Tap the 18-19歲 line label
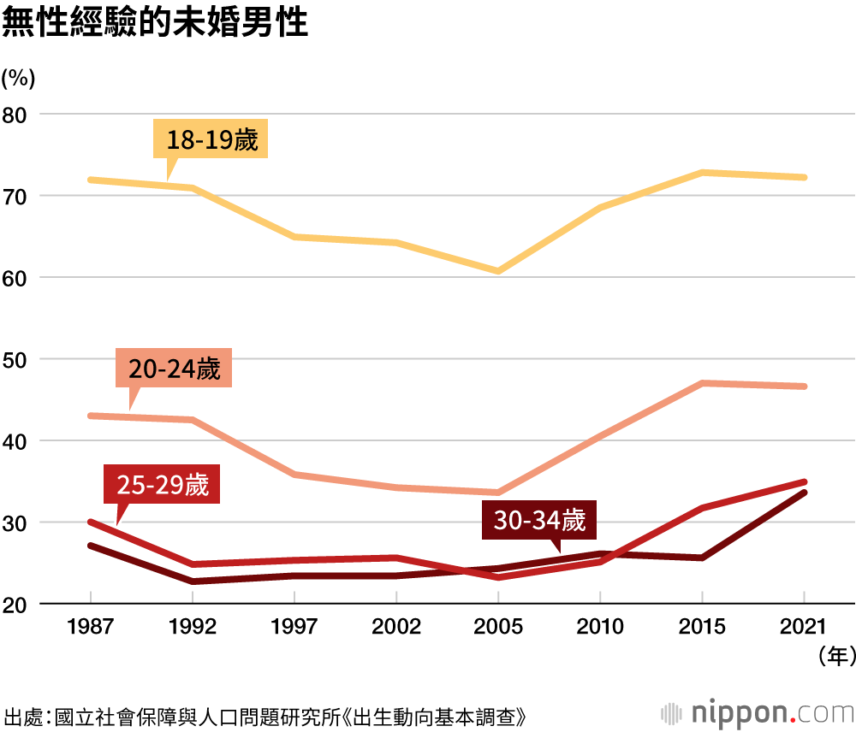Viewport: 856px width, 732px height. tap(211, 139)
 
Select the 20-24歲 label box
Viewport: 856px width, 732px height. tap(175, 369)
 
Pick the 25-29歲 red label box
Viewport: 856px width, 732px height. tap(163, 485)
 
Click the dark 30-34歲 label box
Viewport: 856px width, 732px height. tap(539, 520)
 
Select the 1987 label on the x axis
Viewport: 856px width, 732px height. tap(90, 627)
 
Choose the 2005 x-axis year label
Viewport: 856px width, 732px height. tap(498, 627)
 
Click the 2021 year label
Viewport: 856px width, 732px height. tap(805, 627)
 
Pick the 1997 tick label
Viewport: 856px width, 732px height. tap(294, 627)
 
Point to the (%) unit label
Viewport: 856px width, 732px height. tap(18, 78)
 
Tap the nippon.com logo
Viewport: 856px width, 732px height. tap(758, 712)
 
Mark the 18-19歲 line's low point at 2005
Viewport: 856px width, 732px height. tap(498, 271)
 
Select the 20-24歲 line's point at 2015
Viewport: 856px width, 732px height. tap(702, 383)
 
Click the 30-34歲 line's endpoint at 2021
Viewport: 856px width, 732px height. tap(805, 493)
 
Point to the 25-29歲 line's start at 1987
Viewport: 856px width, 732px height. tap(90, 522)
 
